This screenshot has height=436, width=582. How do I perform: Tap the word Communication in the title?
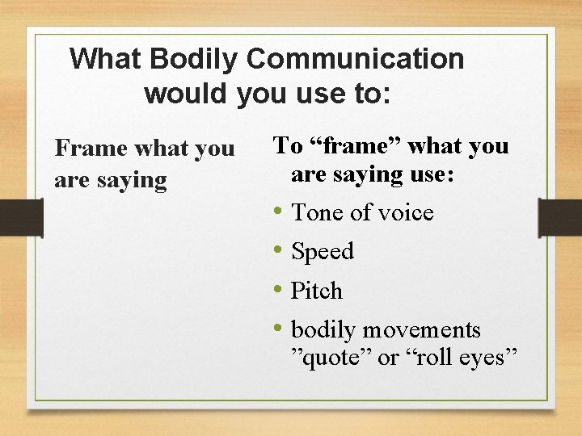(x=356, y=59)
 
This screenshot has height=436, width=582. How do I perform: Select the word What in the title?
(x=106, y=59)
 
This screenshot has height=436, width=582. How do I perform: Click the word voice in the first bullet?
(x=405, y=212)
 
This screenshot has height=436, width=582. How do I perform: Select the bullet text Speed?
(x=323, y=252)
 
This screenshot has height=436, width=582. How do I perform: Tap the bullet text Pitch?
(x=317, y=291)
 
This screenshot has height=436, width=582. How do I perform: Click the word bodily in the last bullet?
(x=323, y=330)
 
